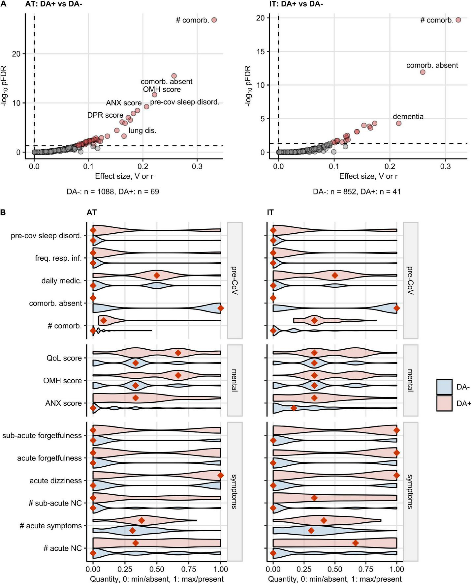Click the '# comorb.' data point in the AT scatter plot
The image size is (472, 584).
click(x=214, y=20)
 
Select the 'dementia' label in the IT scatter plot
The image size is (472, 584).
click(x=408, y=117)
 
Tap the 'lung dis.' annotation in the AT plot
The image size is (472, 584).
click(x=142, y=131)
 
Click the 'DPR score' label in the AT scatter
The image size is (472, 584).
click(x=105, y=115)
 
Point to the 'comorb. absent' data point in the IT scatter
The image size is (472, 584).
click(x=423, y=72)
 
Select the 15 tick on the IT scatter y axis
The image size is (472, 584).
click(x=261, y=51)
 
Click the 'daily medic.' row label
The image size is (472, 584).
click(x=61, y=281)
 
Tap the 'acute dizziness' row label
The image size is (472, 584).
click(x=55, y=481)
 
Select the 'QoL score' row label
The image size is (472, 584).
click(x=64, y=358)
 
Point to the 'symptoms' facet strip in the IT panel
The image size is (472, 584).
click(x=410, y=491)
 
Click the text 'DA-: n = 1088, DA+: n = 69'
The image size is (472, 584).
click(x=113, y=191)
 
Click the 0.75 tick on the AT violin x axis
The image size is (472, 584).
click(x=189, y=569)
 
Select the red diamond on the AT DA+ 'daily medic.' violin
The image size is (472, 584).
click(x=157, y=275)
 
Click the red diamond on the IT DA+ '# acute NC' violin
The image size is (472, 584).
click(x=355, y=543)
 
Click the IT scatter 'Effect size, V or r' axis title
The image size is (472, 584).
click(x=368, y=176)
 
